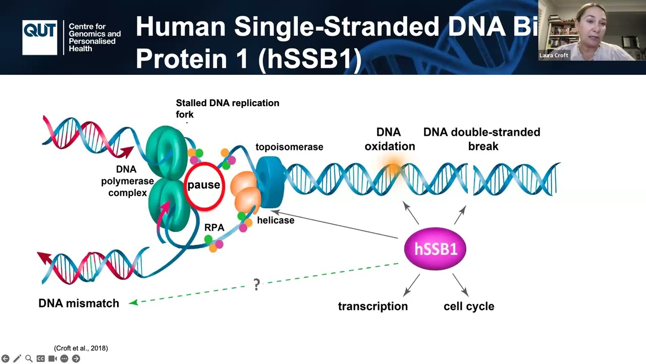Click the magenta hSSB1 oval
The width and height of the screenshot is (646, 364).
coord(435,249)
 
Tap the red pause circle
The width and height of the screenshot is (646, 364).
coord(203,185)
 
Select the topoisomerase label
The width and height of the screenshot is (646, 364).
coord(289,147)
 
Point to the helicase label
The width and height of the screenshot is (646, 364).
coord(276,220)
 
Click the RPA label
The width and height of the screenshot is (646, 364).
coord(214,227)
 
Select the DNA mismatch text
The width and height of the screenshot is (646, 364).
coord(79,303)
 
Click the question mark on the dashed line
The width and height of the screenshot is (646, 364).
coord(256,285)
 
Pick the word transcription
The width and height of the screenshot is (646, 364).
coord(372,306)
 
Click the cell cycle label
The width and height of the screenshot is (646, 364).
coord(469,306)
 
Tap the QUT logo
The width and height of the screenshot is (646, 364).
coord(39,37)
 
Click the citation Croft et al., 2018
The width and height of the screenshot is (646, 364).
coord(81,348)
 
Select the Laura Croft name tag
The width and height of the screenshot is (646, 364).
coord(554,56)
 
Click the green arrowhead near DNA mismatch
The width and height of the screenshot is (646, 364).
coord(133,303)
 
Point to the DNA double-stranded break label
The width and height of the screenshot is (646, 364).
coord(481,139)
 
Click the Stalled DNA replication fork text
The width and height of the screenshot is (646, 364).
coord(227,108)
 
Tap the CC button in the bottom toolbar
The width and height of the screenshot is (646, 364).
coord(40,358)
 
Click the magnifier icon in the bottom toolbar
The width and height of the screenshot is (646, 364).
coord(29,358)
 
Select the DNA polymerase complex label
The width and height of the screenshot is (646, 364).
coord(127,181)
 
